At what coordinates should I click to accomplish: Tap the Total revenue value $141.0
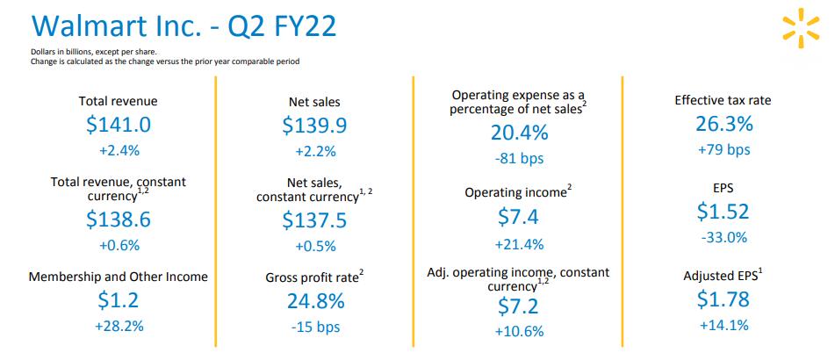click(119, 126)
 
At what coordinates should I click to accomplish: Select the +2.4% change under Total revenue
click(119, 150)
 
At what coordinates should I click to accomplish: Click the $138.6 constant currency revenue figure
click(119, 220)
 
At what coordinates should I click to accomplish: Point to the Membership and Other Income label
click(119, 277)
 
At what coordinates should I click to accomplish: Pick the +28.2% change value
click(119, 327)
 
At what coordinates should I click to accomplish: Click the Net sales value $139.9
click(314, 126)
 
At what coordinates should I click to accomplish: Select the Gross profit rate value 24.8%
click(314, 302)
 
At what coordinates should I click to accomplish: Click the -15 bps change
click(314, 328)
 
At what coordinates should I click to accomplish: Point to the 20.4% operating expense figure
click(518, 133)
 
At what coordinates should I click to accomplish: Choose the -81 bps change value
click(518, 159)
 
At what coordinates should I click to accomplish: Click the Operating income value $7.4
click(518, 217)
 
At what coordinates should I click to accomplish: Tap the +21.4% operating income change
click(518, 243)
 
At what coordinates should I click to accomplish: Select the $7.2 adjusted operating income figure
click(518, 306)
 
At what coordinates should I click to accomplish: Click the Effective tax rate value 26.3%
click(723, 125)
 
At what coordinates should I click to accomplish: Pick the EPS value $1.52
click(723, 211)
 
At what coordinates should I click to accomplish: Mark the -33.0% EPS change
click(723, 236)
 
